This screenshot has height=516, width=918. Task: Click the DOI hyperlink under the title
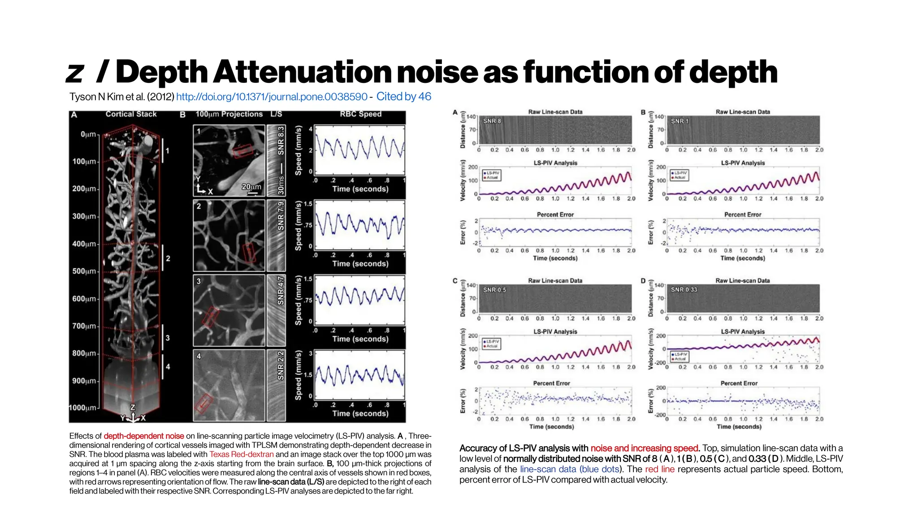coord(272,97)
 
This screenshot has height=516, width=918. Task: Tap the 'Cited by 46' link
coord(403,96)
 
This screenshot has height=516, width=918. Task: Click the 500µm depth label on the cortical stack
coord(84,271)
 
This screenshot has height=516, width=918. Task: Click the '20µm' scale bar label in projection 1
coord(251,186)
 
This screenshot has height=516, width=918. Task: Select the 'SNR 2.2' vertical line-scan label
coord(281,365)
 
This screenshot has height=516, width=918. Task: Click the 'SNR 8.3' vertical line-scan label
coord(281,141)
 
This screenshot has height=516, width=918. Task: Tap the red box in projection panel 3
coord(210,317)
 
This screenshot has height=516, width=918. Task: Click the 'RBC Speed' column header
coord(360,114)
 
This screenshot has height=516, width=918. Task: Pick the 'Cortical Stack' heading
coord(131,114)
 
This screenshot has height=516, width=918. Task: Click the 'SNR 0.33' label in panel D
coord(684,290)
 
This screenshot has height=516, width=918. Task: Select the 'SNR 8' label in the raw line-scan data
coord(492,121)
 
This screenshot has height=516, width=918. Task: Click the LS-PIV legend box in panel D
coord(679,357)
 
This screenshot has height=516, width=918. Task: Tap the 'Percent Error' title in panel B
coord(743,215)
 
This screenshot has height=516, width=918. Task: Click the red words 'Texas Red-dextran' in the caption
coord(241,454)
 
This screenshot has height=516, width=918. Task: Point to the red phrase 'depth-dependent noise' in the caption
coord(143,436)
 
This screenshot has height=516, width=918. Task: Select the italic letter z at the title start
coord(75,73)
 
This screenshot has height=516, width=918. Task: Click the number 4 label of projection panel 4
coord(199,356)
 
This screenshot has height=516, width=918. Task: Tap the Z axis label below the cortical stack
coord(132,408)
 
